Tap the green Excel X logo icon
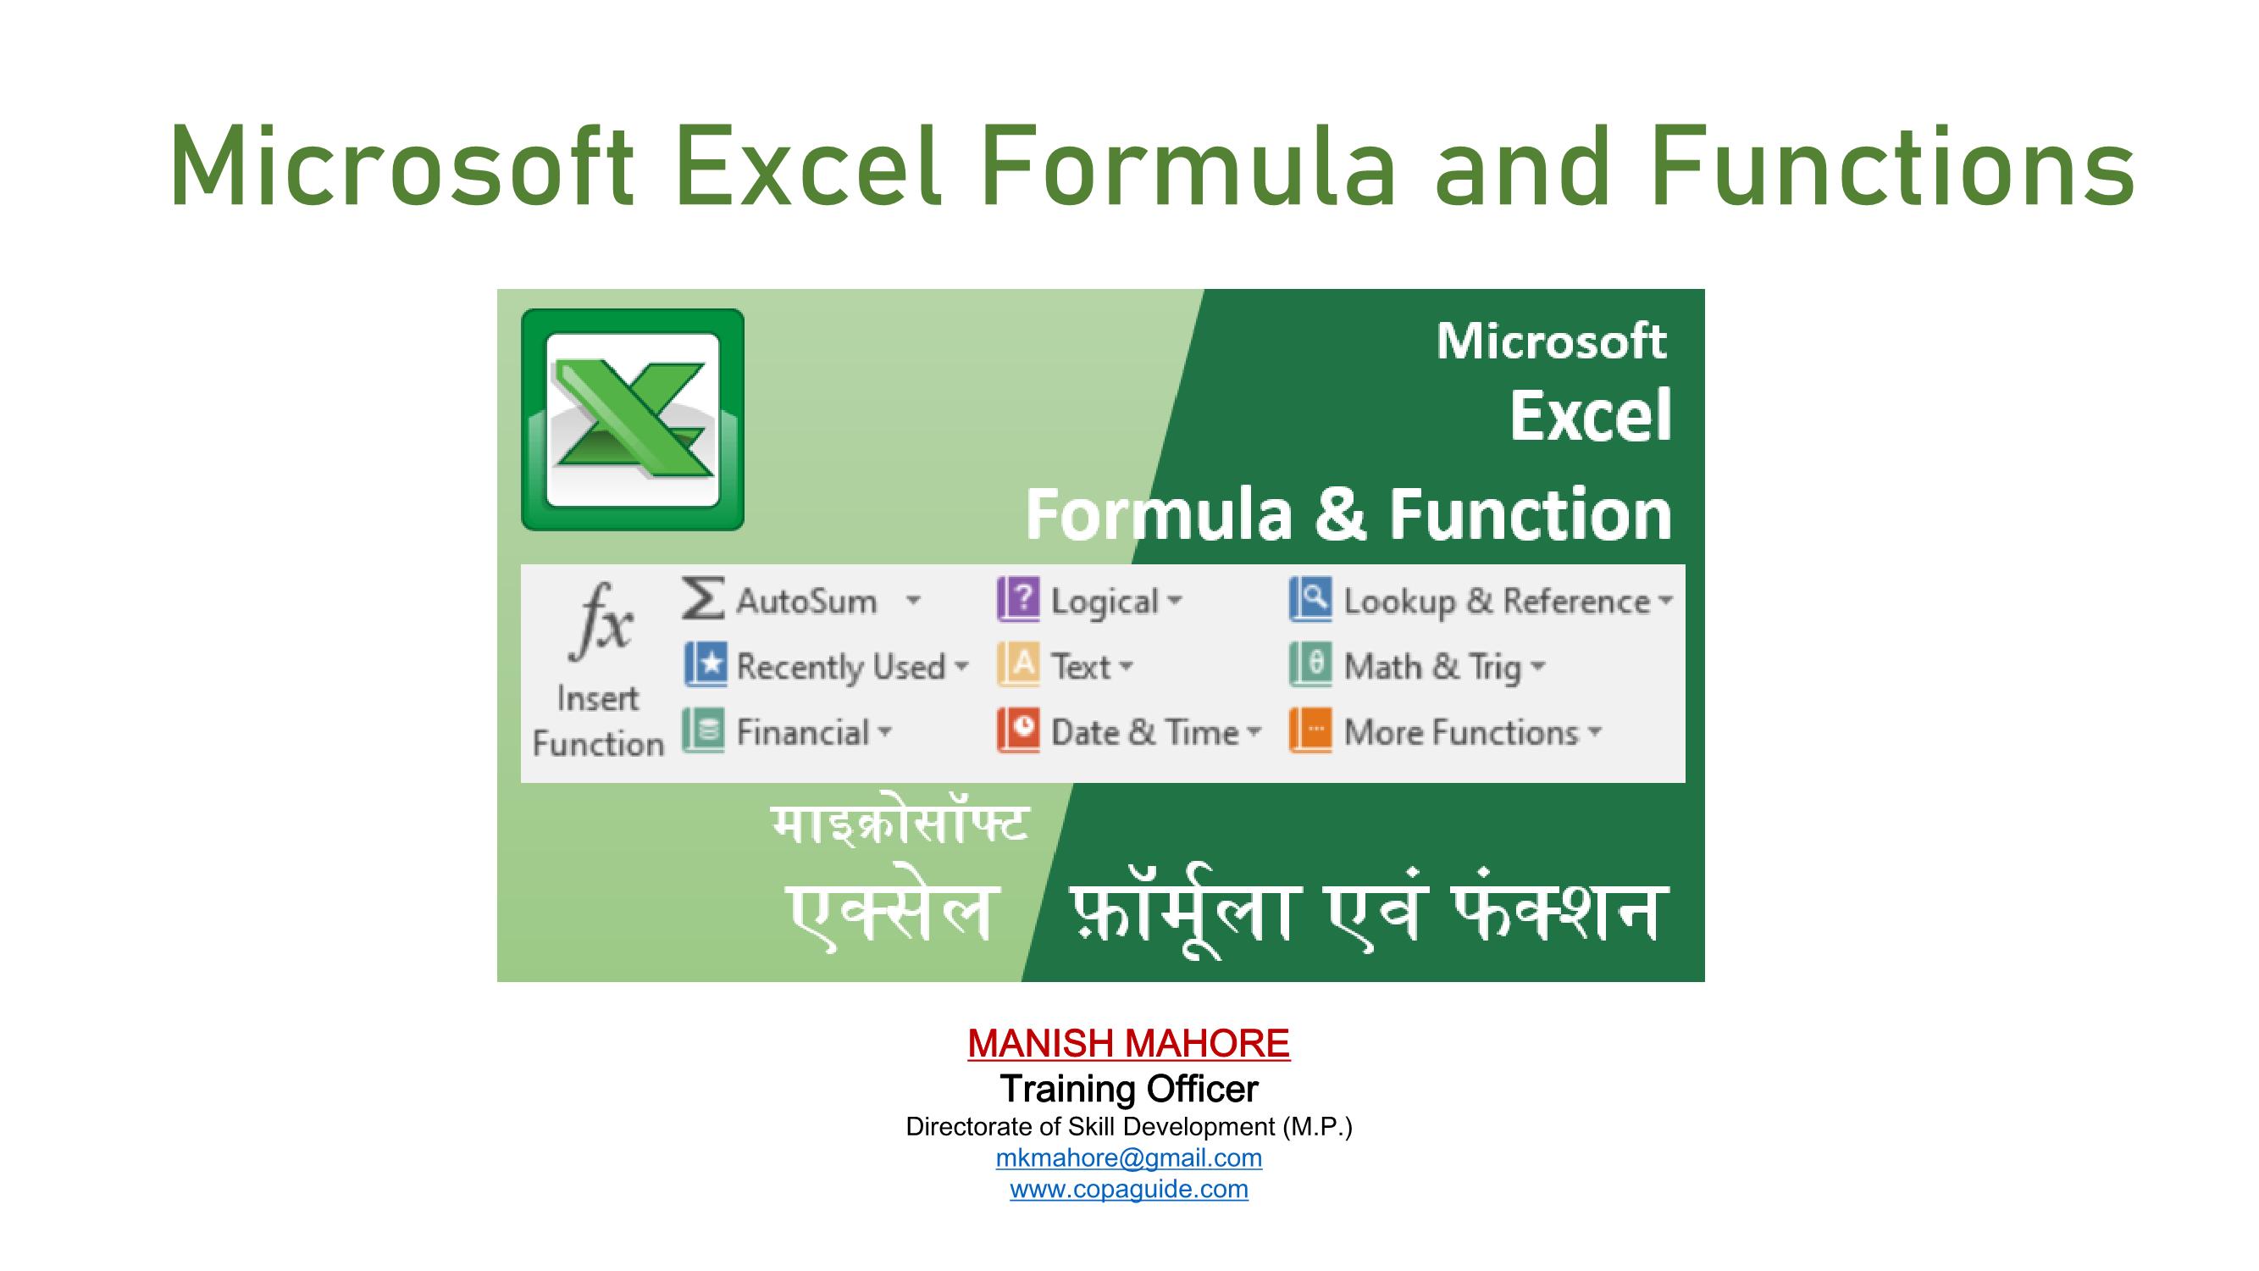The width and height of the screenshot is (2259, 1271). (x=632, y=419)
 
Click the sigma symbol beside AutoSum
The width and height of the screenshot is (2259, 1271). (x=703, y=598)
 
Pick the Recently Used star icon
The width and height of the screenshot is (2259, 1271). (x=706, y=664)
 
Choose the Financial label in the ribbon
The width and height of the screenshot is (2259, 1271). (x=802, y=732)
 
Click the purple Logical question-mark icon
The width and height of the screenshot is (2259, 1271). (x=1018, y=599)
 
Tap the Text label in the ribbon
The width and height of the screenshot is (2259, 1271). (x=1082, y=667)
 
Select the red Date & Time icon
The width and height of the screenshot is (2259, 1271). (x=1018, y=730)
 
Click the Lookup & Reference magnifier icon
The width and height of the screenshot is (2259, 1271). (x=1310, y=599)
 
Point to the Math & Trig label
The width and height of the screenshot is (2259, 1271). (x=1432, y=667)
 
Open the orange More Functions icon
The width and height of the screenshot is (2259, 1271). (x=1310, y=730)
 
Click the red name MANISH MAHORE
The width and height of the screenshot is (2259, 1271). (x=1128, y=1044)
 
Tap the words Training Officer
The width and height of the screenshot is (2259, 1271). (x=1128, y=1090)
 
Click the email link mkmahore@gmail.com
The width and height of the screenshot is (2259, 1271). (x=1128, y=1157)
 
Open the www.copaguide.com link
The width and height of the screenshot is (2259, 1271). (x=1128, y=1190)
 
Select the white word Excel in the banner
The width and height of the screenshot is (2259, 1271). (x=1590, y=416)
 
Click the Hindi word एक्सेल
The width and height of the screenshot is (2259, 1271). (x=891, y=913)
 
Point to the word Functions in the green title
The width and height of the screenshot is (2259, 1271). (x=1892, y=167)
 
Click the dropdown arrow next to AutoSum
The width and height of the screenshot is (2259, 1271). (x=913, y=601)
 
